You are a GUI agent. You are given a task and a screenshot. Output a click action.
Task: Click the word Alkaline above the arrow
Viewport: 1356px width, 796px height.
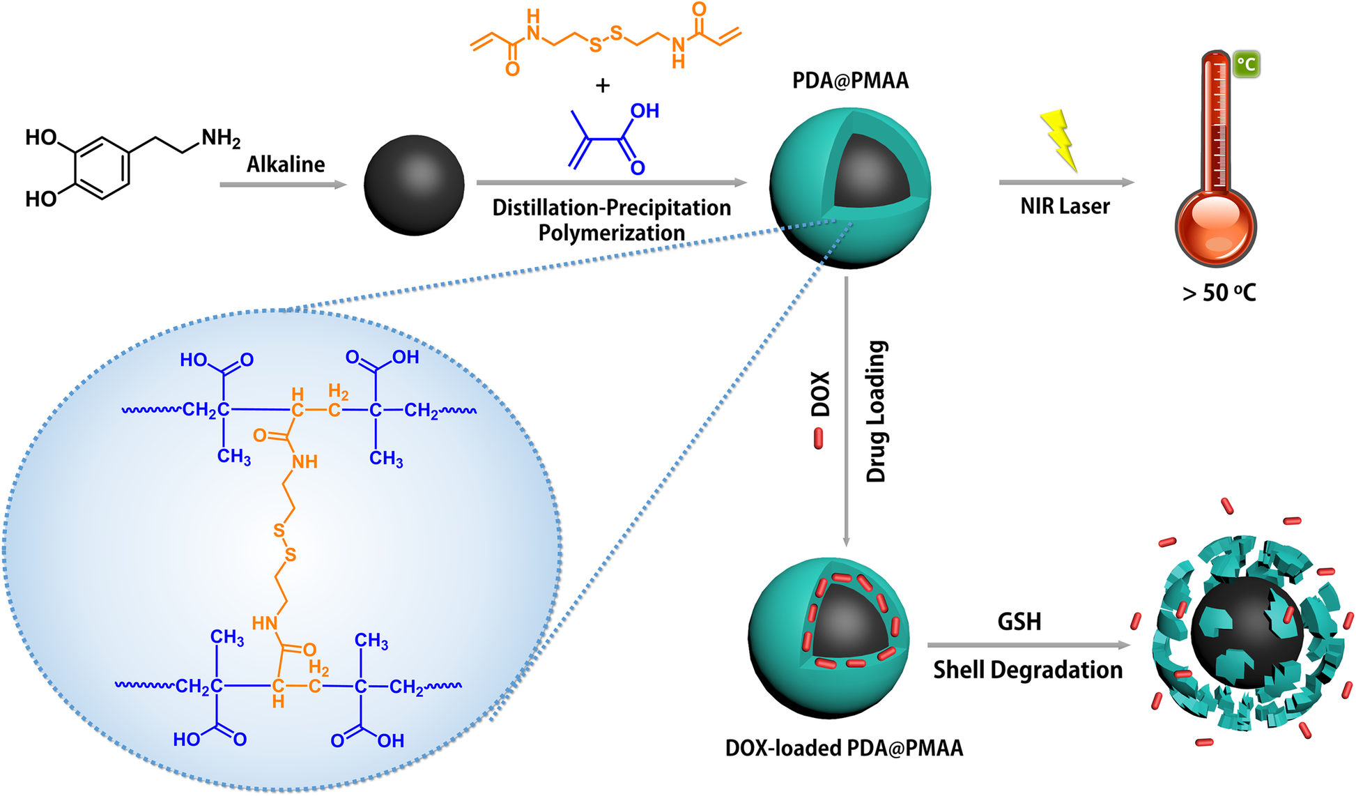pyautogui.click(x=286, y=164)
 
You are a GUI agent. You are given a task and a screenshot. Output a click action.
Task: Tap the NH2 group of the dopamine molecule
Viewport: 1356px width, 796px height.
pyautogui.click(x=221, y=138)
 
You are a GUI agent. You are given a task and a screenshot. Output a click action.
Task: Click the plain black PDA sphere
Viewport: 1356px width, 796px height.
pyautogui.click(x=414, y=185)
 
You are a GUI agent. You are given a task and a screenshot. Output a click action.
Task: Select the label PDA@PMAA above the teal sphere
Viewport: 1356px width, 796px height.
pyautogui.click(x=850, y=81)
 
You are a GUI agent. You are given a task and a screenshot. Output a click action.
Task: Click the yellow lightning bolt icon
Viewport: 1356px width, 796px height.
pyautogui.click(x=1058, y=139)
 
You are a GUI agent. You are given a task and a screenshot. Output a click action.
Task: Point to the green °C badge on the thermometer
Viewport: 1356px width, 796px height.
pyautogui.click(x=1246, y=65)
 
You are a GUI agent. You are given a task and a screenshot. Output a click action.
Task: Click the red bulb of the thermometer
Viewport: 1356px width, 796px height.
pyautogui.click(x=1216, y=227)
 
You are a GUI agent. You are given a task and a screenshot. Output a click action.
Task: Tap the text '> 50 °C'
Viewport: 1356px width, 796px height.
pyautogui.click(x=1219, y=293)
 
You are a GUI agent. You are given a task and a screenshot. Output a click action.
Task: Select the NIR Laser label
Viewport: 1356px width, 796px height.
pyautogui.click(x=1065, y=206)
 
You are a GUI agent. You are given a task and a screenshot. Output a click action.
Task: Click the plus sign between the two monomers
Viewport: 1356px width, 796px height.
pyautogui.click(x=603, y=86)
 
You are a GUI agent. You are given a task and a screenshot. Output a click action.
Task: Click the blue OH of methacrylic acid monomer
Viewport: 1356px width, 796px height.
pyautogui.click(x=645, y=111)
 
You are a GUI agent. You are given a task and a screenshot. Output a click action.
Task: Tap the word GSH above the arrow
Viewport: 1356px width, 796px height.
pyautogui.click(x=1019, y=621)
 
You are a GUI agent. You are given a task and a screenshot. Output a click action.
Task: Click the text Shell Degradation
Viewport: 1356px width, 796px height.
pyautogui.click(x=1028, y=670)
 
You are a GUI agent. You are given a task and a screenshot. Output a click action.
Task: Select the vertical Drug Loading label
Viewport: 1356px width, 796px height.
pyautogui.click(x=876, y=411)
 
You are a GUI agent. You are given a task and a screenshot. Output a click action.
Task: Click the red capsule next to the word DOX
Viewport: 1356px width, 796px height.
pyautogui.click(x=819, y=438)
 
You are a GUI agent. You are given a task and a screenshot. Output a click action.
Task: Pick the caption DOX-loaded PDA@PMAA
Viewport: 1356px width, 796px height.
pyautogui.click(x=844, y=748)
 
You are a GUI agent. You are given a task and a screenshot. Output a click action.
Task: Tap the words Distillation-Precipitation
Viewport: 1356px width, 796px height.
pyautogui.click(x=611, y=208)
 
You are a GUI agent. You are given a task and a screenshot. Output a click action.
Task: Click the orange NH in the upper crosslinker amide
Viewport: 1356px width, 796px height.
pyautogui.click(x=305, y=462)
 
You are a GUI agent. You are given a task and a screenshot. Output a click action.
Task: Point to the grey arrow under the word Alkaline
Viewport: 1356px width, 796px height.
pyautogui.click(x=283, y=185)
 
